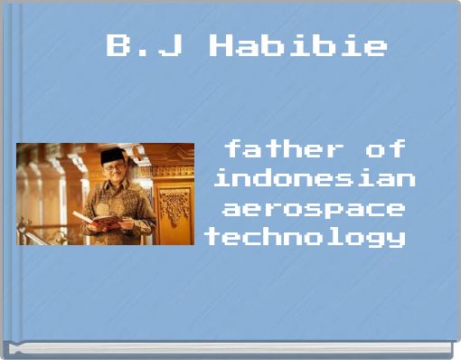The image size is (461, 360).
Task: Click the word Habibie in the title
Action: coord(298,45)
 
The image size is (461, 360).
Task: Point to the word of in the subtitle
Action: coord(385,147)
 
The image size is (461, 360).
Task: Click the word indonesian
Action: coord(315,177)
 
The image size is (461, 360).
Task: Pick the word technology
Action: coord(305,238)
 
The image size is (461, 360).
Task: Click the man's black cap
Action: coord(113,156)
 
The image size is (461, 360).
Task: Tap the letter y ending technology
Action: coord(395,240)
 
